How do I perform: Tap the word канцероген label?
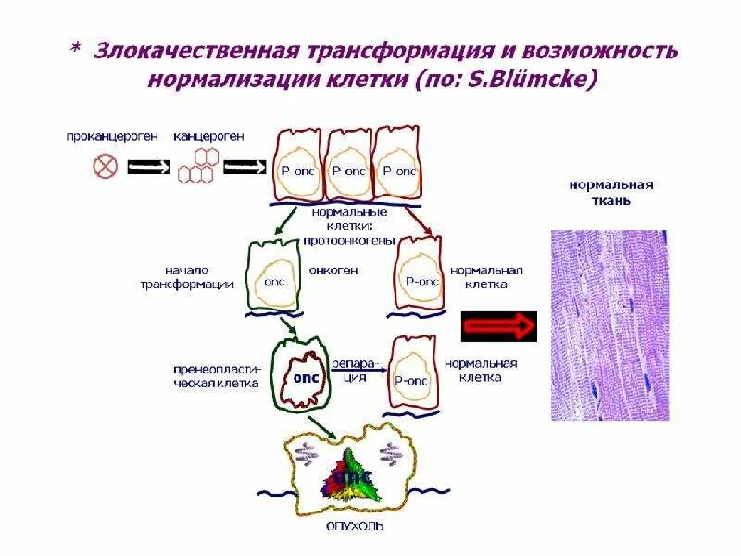tap(209, 136)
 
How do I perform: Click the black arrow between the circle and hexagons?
tap(148, 168)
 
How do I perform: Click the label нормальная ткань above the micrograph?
tap(610, 192)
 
